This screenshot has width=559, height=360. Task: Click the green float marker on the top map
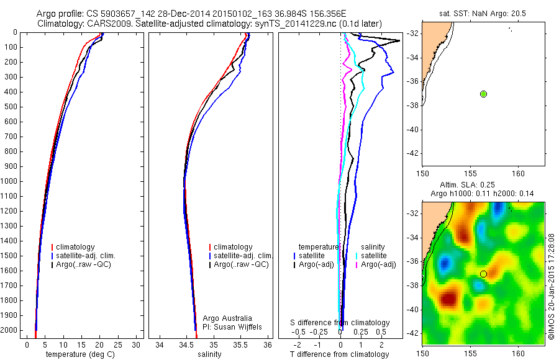[x=483, y=94]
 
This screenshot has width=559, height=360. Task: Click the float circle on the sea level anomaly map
[x=483, y=274]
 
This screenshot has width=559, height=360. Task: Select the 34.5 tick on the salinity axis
[x=186, y=344]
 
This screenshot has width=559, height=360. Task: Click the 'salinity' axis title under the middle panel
[x=210, y=354]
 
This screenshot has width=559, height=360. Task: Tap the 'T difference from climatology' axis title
[x=339, y=354]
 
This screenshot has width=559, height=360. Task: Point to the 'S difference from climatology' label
[x=340, y=323]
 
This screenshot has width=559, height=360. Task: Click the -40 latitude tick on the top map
[x=413, y=129]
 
